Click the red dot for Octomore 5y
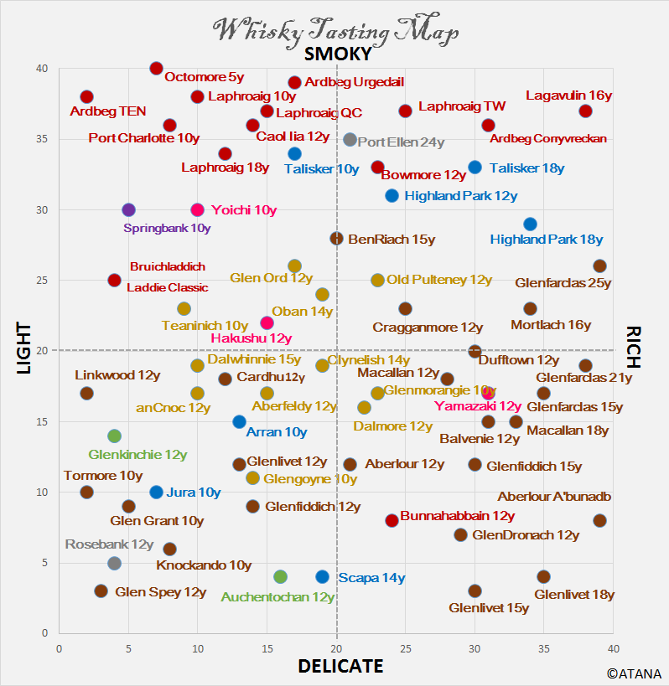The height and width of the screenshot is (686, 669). tap(156, 69)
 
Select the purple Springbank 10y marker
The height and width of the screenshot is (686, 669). tap(128, 209)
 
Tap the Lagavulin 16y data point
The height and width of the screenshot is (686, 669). tap(585, 111)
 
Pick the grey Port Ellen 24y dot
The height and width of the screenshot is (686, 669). tap(350, 140)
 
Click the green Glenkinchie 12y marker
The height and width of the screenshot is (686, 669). tap(114, 436)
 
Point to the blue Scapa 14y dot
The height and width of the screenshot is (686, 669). tap(323, 577)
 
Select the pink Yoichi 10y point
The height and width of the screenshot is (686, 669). tap(198, 209)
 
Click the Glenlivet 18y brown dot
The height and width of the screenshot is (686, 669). tap(543, 577)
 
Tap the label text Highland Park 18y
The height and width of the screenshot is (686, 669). tap(547, 240)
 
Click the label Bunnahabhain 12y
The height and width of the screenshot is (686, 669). tap(457, 516)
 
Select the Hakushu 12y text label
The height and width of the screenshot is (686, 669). tap(251, 338)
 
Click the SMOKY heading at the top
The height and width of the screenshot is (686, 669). tap(338, 54)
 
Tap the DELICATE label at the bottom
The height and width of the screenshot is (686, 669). tap(340, 666)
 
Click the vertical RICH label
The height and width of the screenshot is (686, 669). tap(633, 347)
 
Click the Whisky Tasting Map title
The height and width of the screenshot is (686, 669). tap(337, 30)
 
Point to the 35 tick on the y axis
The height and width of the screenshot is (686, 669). tap(41, 139)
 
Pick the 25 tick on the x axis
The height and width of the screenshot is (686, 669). tap(405, 648)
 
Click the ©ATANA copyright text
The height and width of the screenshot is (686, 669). tap(635, 673)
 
